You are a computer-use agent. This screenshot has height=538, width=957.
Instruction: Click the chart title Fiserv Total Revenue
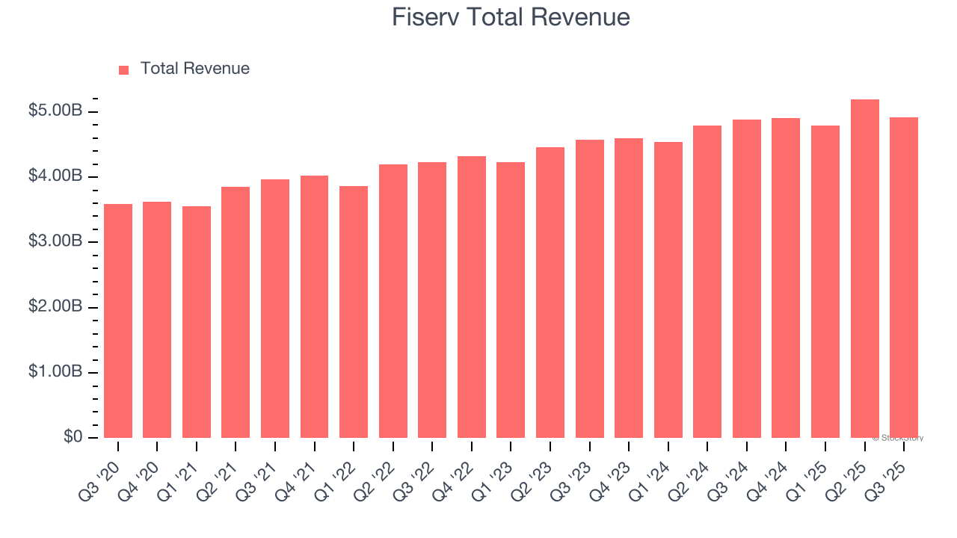511,17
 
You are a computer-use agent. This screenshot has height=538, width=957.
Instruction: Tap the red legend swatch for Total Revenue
124,69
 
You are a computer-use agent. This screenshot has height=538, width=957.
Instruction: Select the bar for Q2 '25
864,268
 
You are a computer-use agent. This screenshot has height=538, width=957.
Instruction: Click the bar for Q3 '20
118,321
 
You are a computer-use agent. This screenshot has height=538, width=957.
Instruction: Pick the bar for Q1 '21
197,322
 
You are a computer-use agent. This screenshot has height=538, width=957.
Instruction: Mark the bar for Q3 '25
904,277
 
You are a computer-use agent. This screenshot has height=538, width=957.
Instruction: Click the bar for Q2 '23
550,292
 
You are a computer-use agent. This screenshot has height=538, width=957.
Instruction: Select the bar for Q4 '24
786,278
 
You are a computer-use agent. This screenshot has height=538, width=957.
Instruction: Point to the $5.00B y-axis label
55,111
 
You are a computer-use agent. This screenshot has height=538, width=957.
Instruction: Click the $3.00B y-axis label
55,241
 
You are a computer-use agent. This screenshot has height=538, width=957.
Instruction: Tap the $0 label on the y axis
72,437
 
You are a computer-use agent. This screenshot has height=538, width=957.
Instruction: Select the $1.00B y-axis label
55,372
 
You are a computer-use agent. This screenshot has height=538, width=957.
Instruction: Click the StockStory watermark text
898,438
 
